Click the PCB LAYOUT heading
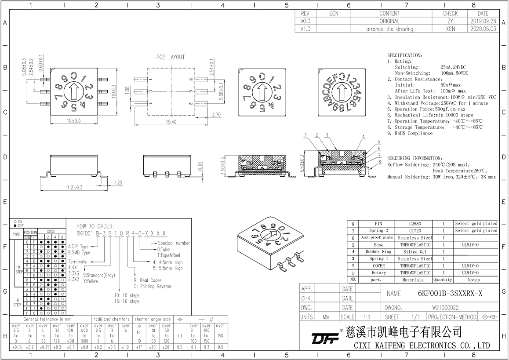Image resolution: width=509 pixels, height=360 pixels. (x=171, y=57)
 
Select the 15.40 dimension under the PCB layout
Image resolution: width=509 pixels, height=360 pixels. (x=171, y=122)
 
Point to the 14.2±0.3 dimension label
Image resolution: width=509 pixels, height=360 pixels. (x=73, y=187)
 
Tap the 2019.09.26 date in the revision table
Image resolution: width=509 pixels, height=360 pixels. (x=483, y=21)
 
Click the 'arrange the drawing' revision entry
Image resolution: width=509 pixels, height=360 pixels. (x=389, y=29)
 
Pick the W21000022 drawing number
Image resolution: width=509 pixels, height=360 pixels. (x=445, y=308)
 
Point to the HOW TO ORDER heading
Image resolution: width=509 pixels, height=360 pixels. (x=95, y=225)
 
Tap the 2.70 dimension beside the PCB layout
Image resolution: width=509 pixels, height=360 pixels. (x=216, y=114)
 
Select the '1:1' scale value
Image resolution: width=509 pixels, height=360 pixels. (x=367, y=317)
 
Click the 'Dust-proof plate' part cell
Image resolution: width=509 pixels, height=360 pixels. (x=376, y=238)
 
